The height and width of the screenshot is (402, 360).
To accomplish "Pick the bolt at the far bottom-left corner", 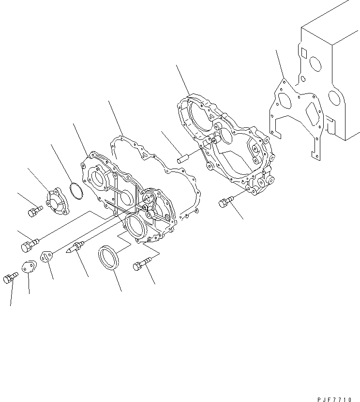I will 10,278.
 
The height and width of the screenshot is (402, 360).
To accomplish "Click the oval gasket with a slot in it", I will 47,256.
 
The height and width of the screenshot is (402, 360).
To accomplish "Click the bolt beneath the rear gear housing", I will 225,201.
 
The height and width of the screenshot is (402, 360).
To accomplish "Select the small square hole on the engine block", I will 304,52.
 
